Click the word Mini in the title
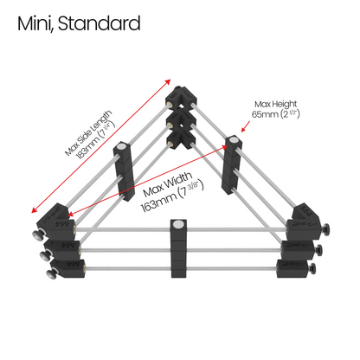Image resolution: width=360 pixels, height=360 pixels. click(35, 23)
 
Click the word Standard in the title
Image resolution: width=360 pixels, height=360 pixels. click(100, 23)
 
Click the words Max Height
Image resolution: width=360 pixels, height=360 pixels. click(275, 104)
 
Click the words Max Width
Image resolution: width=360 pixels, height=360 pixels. click(167, 183)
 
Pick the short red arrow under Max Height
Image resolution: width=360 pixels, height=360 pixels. click(246, 126)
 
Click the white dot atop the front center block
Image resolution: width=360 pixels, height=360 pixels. click(177, 224)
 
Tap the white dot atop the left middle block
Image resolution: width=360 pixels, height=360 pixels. click(122, 146)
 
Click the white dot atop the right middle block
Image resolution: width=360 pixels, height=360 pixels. click(234, 140)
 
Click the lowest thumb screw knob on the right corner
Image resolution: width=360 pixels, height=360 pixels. click(312, 269)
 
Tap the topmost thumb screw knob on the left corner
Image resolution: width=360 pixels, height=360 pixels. click(38, 235)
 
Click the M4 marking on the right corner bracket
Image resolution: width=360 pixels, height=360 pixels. click(305, 210)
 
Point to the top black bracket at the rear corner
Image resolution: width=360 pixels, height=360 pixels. click(181, 98)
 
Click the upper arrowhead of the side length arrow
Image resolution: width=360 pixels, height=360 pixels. click(168, 82)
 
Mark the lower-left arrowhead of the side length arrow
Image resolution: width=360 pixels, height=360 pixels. click(35, 209)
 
